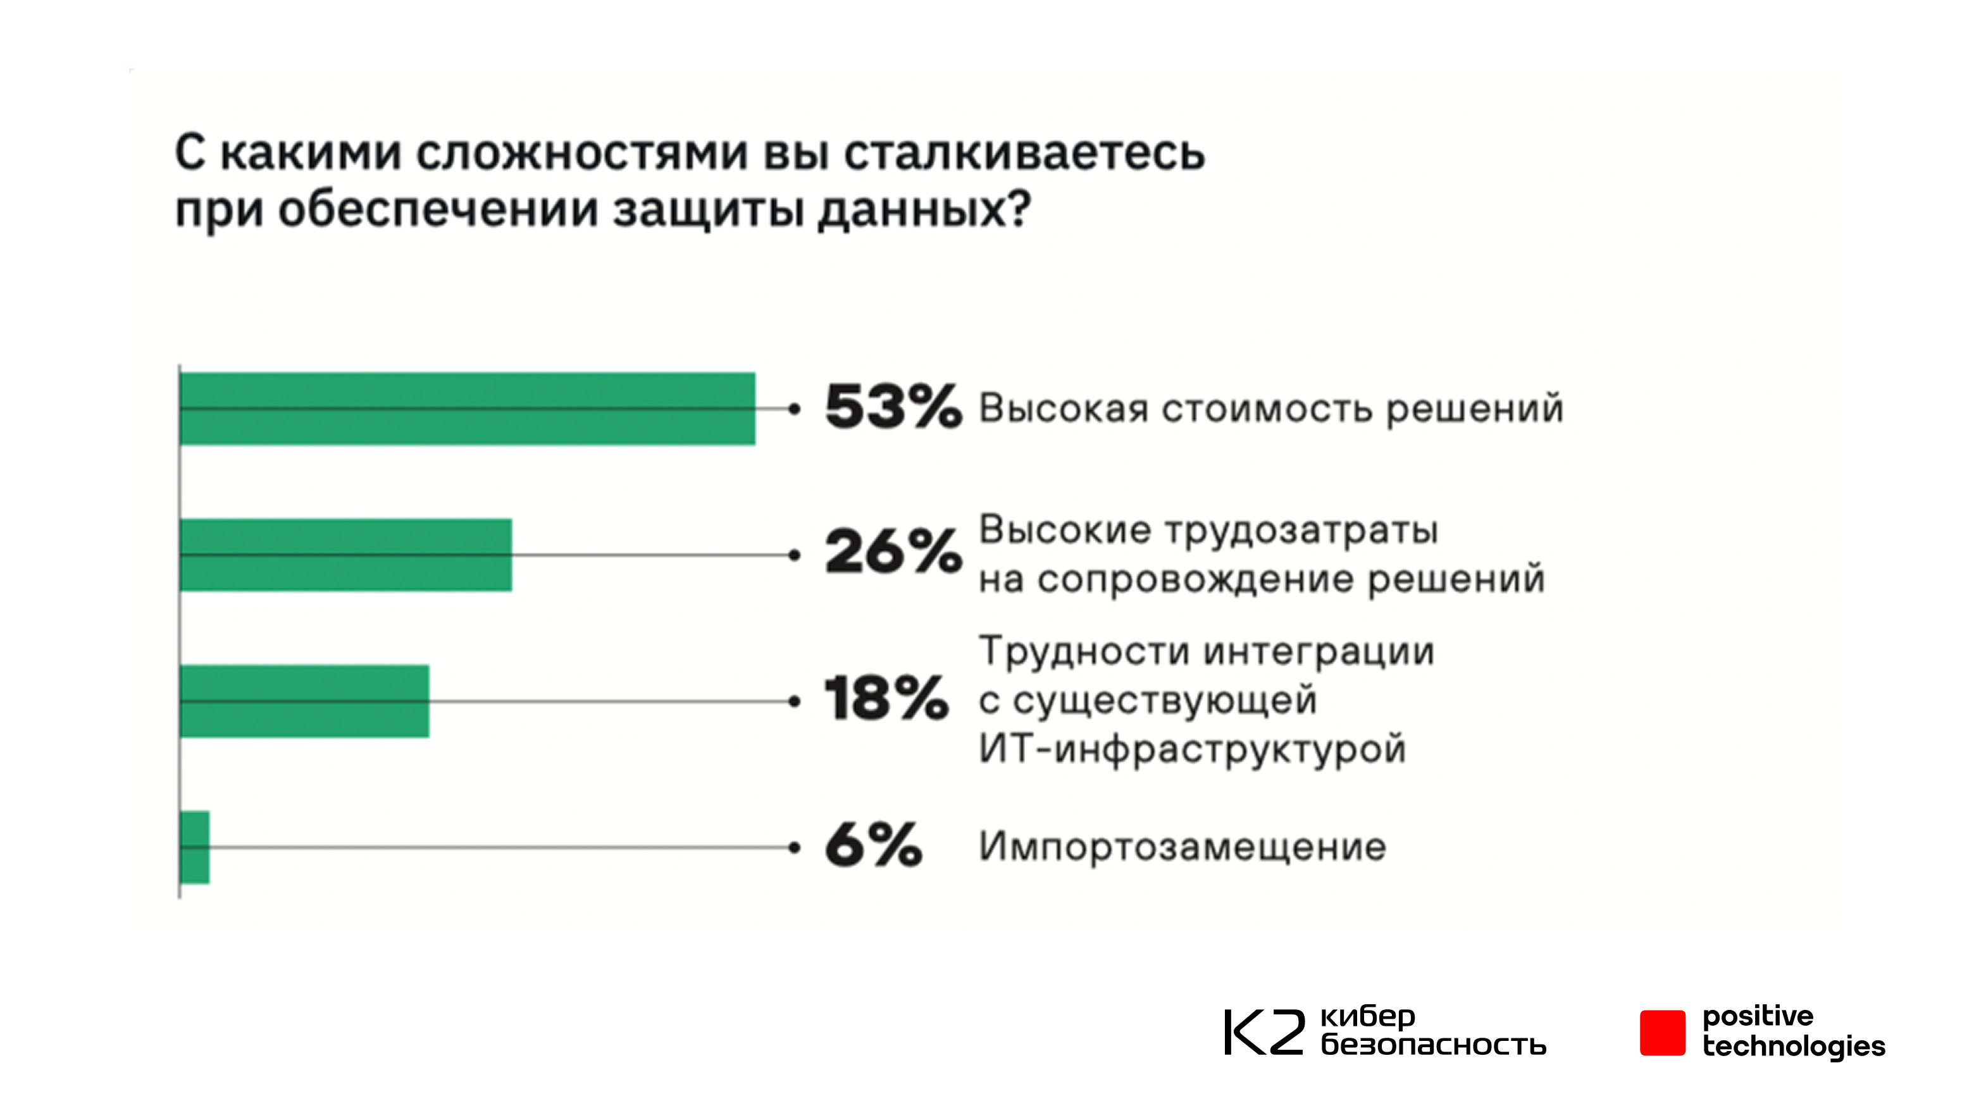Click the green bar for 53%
coord(468,409)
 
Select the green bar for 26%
coord(346,555)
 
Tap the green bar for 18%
coord(305,701)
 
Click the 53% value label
coord(893,407)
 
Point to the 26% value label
coord(893,551)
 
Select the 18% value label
coord(886,699)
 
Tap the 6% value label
coord(874,845)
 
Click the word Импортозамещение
coord(1183,847)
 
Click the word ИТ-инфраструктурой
coord(1193,749)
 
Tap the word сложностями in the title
coord(582,152)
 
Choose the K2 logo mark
coord(1263,1032)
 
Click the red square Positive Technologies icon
coord(1662,1033)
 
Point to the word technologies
coord(1793,1047)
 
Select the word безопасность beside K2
coord(1433,1045)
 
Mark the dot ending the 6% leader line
coord(795,847)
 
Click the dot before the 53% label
coord(795,409)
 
